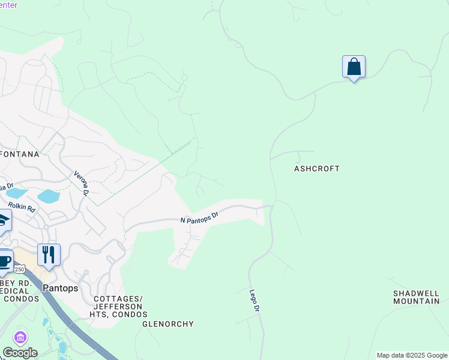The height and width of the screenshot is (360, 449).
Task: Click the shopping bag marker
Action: point(354,67)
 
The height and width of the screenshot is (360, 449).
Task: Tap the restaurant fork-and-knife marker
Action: point(49,254)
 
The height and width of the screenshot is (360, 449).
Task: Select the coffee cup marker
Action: point(4,261)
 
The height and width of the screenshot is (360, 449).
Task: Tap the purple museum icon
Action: point(20,338)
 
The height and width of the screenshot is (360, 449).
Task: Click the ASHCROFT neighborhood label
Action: point(316,169)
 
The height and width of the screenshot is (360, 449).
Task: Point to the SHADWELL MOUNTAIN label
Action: point(416,297)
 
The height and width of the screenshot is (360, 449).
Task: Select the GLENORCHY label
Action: point(168,324)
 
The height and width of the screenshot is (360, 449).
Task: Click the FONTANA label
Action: point(20,154)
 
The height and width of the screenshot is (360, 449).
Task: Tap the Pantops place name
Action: point(60,288)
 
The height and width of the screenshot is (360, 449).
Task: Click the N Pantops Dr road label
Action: point(199,217)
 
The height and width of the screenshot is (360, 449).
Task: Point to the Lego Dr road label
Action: point(255,300)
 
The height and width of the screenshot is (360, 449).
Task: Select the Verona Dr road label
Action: point(81,184)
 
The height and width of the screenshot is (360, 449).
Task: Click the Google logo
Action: point(20,352)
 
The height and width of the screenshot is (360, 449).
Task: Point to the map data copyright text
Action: point(412,355)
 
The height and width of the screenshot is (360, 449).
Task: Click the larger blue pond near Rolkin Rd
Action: point(48,196)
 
